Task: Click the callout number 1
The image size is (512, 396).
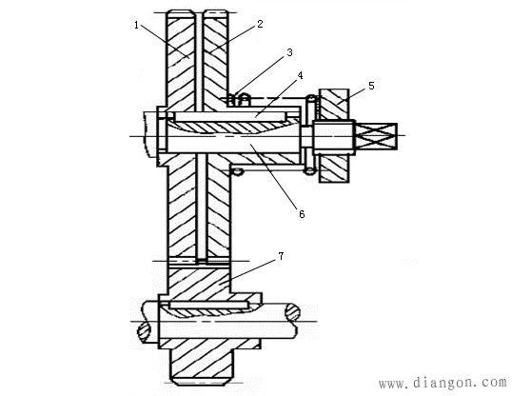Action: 136,25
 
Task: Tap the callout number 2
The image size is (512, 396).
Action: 260,24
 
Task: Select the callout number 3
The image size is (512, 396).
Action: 289,52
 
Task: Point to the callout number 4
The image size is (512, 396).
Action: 300,75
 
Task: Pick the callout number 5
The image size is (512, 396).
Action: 371,86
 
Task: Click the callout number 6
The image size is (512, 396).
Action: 302,214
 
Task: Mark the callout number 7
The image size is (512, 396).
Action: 281,256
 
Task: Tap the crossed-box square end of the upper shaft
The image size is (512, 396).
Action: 376,136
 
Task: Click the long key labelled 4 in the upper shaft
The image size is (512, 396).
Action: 229,117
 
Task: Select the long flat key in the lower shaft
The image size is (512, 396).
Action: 208,305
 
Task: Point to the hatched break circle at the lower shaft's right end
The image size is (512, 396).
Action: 292,312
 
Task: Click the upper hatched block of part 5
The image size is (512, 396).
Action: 334,104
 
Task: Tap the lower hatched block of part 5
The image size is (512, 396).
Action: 334,168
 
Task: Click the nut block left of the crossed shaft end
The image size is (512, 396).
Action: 334,137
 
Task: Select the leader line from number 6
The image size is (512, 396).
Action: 274,177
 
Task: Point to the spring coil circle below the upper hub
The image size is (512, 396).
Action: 238,171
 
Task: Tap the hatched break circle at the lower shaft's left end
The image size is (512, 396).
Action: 144,331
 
